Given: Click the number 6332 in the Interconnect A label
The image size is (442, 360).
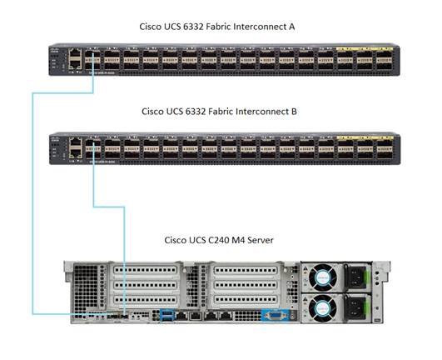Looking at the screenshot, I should [191, 27].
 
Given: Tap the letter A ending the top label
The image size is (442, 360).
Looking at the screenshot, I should [291, 27].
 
